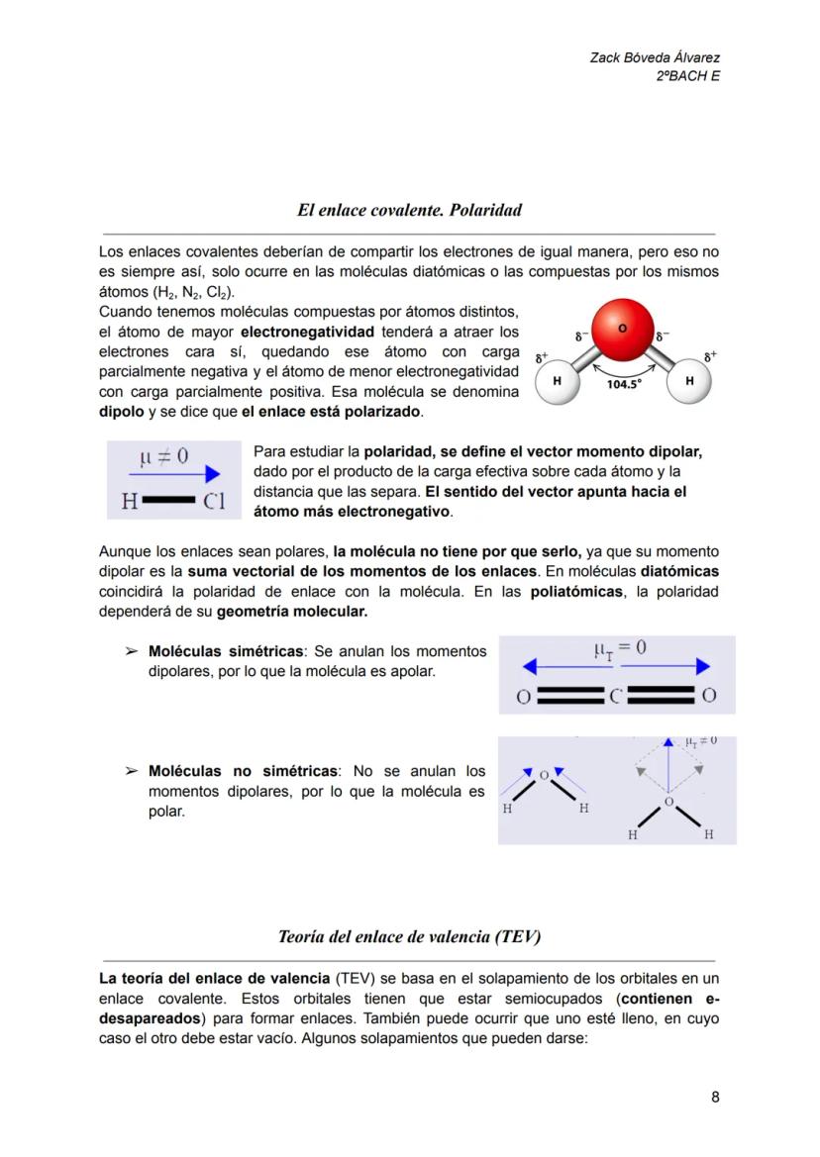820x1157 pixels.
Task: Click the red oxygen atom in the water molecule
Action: (x=623, y=329)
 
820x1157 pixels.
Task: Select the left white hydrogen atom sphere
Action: (x=558, y=381)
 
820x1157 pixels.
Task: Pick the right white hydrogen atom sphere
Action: (x=689, y=381)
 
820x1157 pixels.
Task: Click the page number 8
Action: (x=715, y=1097)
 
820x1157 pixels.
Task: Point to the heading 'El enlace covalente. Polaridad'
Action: (x=409, y=210)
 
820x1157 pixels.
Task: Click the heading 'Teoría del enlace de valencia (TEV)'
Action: (x=409, y=935)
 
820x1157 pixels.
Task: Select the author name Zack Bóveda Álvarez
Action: (x=655, y=58)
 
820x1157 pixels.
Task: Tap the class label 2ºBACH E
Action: (x=687, y=76)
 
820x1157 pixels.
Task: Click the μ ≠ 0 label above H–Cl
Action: (x=164, y=456)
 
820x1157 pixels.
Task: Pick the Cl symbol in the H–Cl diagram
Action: (x=214, y=502)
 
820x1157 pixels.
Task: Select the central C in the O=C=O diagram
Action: (x=616, y=696)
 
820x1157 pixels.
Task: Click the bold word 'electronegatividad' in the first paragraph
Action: (x=307, y=331)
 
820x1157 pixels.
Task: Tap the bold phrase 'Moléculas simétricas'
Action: (x=226, y=651)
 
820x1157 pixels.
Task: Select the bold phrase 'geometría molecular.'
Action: (x=291, y=612)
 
